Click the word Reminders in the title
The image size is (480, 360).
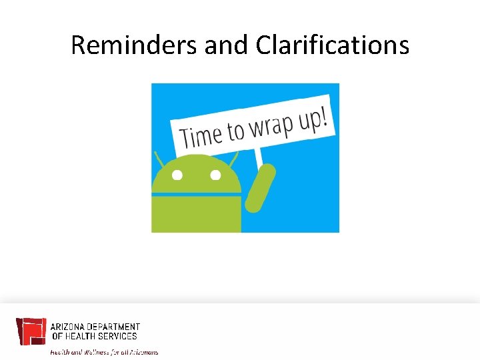point(134,45)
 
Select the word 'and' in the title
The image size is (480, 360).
point(227,45)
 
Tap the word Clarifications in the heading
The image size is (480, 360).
point(332,45)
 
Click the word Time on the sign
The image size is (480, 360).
point(201,136)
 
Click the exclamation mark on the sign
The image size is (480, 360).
point(325,117)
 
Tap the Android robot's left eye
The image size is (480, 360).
point(177,176)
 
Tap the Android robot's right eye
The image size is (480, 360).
point(215,176)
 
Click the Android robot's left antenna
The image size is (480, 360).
point(159,159)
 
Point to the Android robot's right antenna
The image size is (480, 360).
point(233,160)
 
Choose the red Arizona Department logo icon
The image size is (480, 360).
point(31,332)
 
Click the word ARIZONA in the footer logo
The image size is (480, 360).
point(67,327)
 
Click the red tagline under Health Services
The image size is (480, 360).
point(104,351)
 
